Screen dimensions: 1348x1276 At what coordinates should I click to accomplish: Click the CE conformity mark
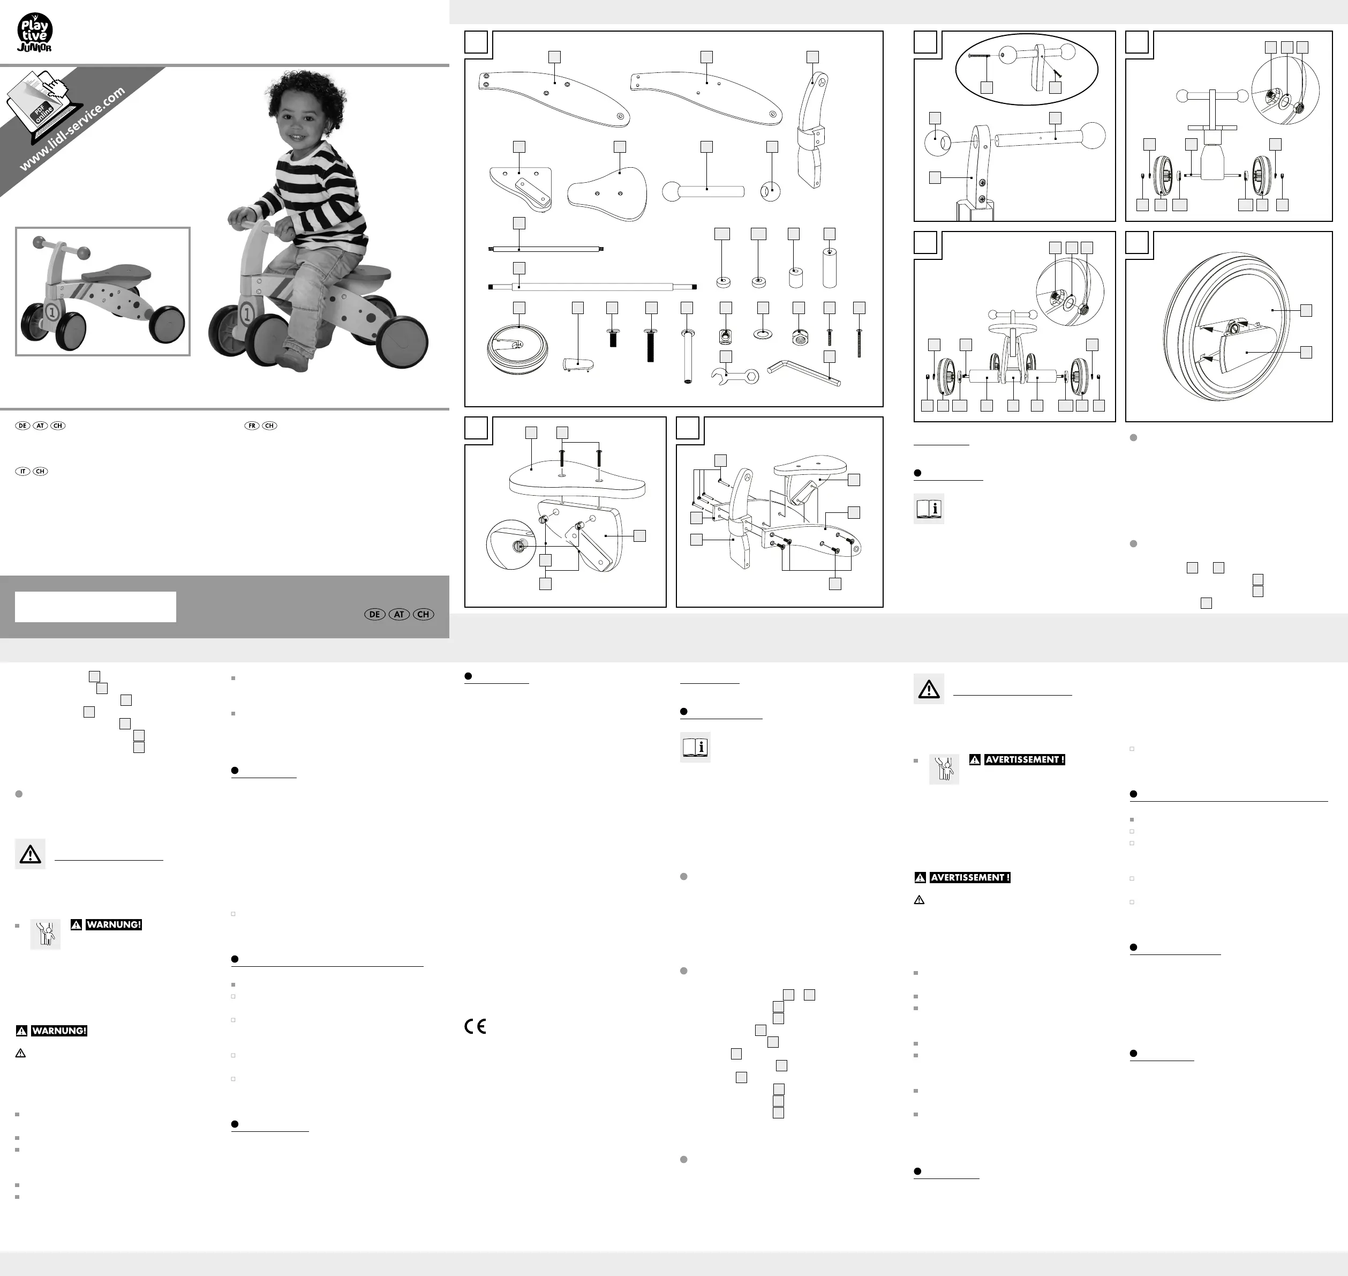(475, 1026)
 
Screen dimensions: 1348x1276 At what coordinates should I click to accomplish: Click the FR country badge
(252, 426)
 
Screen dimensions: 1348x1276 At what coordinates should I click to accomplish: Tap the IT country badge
(22, 472)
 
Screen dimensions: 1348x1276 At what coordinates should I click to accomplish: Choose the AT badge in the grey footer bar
(399, 614)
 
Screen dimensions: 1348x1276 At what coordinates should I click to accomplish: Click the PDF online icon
(42, 106)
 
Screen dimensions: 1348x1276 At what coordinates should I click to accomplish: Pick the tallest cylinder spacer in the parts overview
(830, 268)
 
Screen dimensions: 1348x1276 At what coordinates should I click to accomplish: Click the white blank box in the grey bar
(95, 607)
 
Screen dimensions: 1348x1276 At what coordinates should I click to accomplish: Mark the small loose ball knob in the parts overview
(770, 192)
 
